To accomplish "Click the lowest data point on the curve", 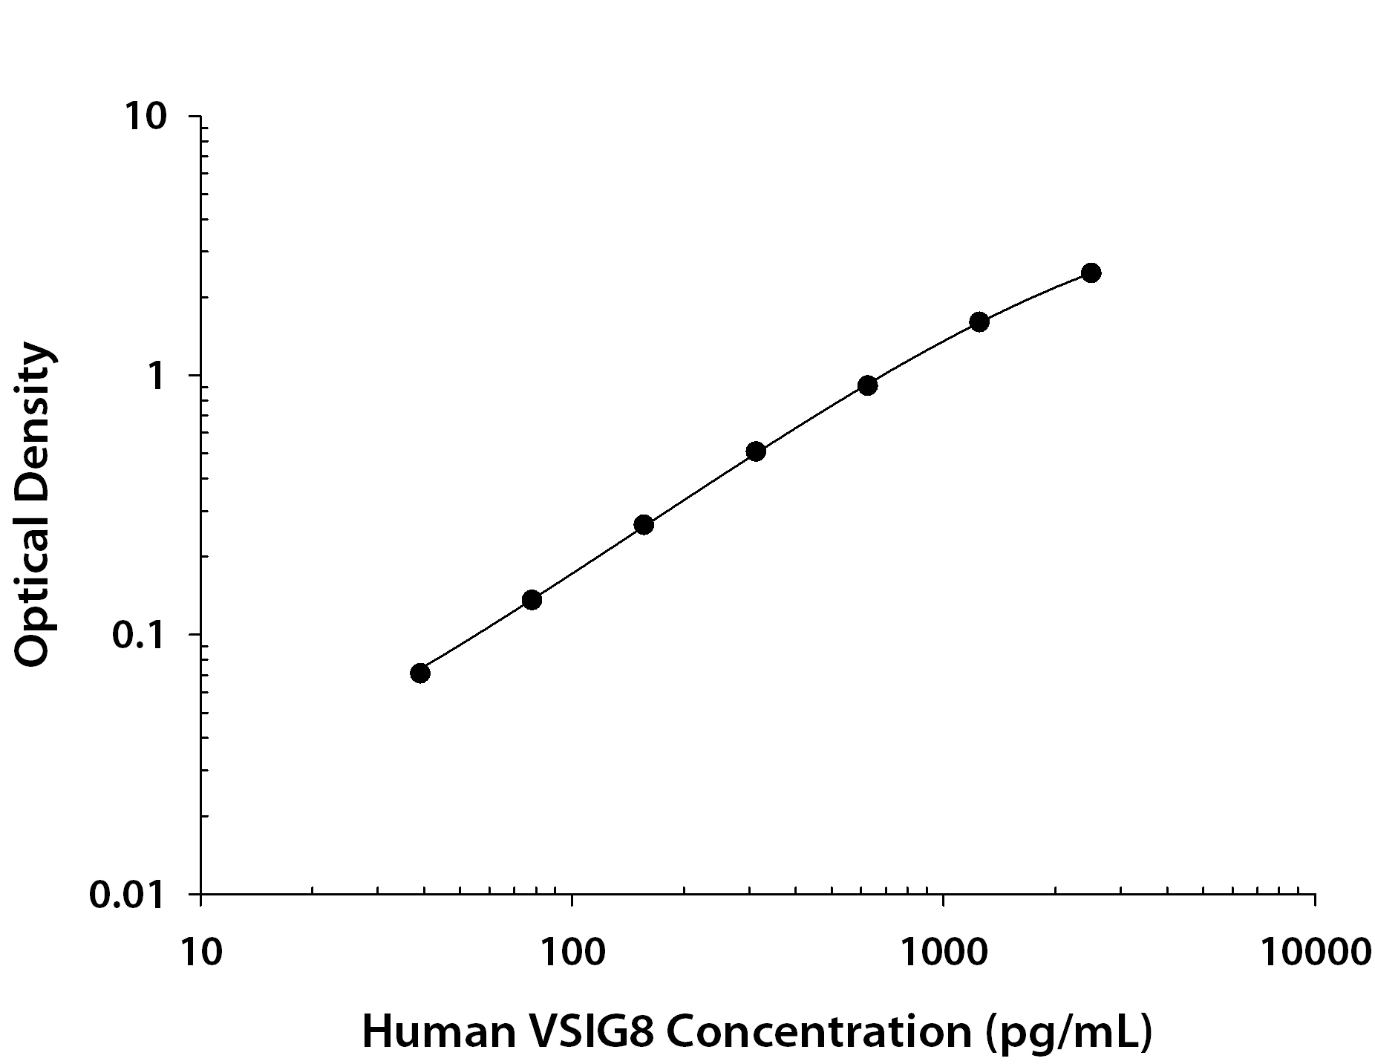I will click(x=419, y=673).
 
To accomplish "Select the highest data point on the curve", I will click(x=1091, y=272).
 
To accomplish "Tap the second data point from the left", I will click(x=532, y=599).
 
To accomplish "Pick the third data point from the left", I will click(x=644, y=525).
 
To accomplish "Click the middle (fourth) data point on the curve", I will click(x=756, y=451).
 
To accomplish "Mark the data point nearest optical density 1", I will click(x=867, y=385).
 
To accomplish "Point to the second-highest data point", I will click(x=979, y=322).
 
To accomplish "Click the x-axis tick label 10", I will click(x=200, y=951).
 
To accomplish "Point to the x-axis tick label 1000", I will click(x=943, y=951).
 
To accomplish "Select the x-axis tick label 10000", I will click(x=1314, y=951).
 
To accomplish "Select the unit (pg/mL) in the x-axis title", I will click(x=1068, y=1032).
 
